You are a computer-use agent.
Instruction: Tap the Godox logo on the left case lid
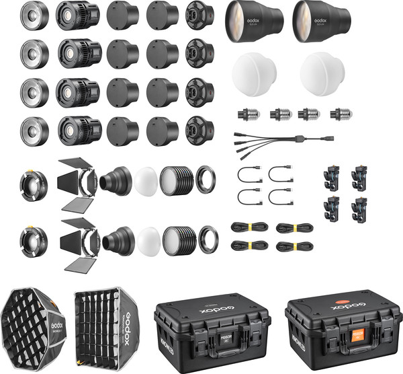212,307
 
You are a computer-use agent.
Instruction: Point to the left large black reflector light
254,20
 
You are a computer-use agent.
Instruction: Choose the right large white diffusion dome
323,73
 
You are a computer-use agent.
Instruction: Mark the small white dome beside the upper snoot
146,180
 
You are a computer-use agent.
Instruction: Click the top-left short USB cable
249,174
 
